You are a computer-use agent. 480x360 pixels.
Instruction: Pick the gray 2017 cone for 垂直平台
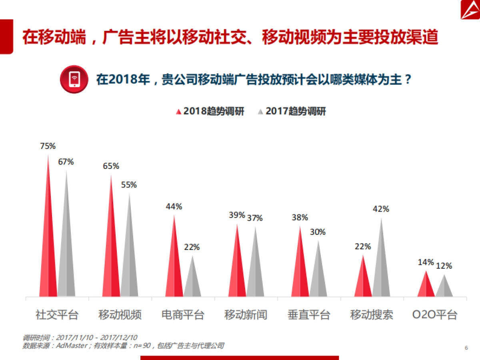pos(318,276)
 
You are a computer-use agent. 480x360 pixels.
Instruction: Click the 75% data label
pos(48,146)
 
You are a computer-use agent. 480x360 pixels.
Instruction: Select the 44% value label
pos(174,206)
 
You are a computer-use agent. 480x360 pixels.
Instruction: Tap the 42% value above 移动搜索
pos(381,209)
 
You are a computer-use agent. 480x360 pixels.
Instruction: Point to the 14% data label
pos(426,262)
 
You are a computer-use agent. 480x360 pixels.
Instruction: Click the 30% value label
pos(318,232)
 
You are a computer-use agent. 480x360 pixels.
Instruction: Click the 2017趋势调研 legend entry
pos(292,111)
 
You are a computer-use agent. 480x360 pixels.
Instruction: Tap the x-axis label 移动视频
pos(120,315)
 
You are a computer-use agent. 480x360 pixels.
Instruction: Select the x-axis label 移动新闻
pos(246,315)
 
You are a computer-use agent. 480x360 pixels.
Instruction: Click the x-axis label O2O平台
pos(435,315)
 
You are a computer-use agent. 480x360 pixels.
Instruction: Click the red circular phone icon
pos(74,79)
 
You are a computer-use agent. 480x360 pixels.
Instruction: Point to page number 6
pos(466,348)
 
